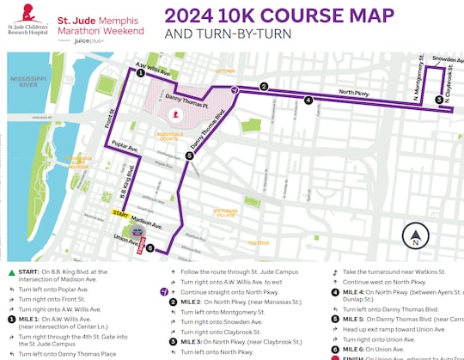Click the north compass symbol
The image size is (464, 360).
click(416, 236)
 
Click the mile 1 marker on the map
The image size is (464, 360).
click(140, 74)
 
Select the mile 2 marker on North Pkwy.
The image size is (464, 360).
click(265, 87)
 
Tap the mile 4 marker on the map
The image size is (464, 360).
click(308, 100)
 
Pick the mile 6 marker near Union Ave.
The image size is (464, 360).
click(150, 249)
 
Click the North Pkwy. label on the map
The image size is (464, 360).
click(354, 92)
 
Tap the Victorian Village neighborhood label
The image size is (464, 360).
click(225, 212)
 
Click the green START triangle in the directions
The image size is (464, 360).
click(12, 272)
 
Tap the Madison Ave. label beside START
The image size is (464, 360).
click(148, 220)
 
